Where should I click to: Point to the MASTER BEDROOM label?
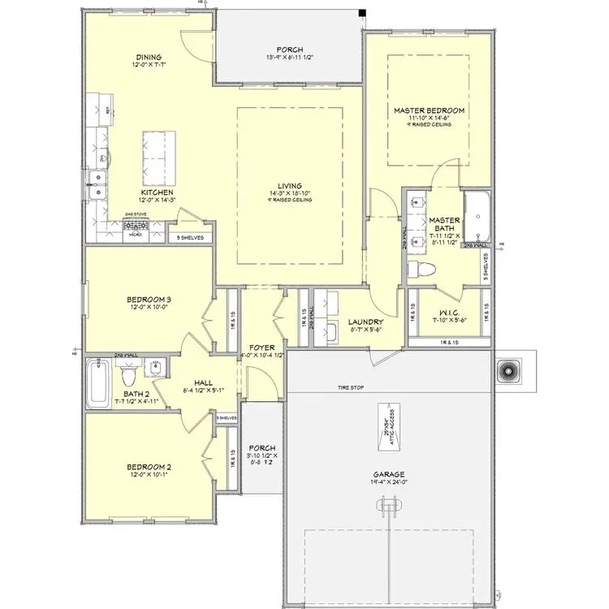[429, 110]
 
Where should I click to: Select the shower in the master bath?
[476, 218]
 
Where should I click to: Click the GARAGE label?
[389, 475]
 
